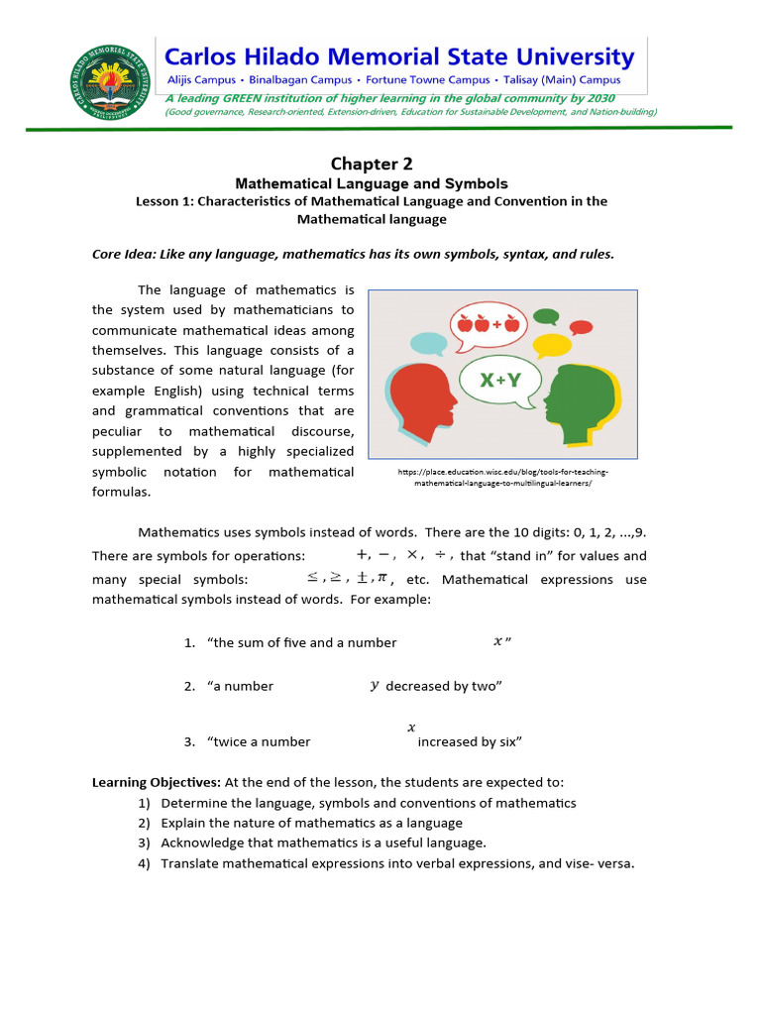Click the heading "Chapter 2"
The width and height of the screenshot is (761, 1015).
tap(371, 164)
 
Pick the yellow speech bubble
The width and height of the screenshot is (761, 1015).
tap(552, 344)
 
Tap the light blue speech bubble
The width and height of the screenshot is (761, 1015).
tap(428, 343)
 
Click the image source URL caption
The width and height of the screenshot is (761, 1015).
tap(502, 478)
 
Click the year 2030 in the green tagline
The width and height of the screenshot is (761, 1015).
tap(598, 98)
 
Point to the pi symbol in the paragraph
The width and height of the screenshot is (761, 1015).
tap(381, 578)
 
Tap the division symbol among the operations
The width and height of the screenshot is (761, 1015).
tap(440, 555)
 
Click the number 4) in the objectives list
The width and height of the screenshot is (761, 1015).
tap(144, 863)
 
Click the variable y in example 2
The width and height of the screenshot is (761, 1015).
tap(374, 685)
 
